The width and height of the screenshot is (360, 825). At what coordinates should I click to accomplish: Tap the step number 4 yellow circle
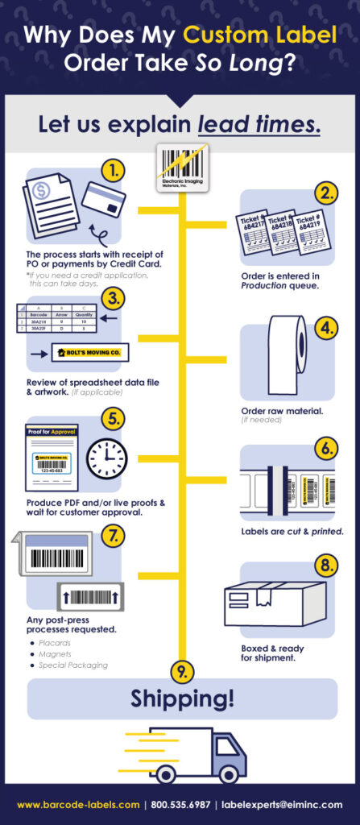325,328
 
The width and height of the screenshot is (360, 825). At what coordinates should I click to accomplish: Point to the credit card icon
103,201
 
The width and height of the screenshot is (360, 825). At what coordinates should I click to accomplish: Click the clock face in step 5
106,458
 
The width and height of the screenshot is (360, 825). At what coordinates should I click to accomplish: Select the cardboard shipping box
274,603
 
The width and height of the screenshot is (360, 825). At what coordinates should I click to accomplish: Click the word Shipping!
182,699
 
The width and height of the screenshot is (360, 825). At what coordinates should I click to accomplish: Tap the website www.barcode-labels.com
78,805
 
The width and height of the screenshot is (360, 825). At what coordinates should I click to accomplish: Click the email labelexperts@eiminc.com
285,805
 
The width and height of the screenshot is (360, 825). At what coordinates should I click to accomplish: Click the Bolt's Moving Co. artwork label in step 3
90,353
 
